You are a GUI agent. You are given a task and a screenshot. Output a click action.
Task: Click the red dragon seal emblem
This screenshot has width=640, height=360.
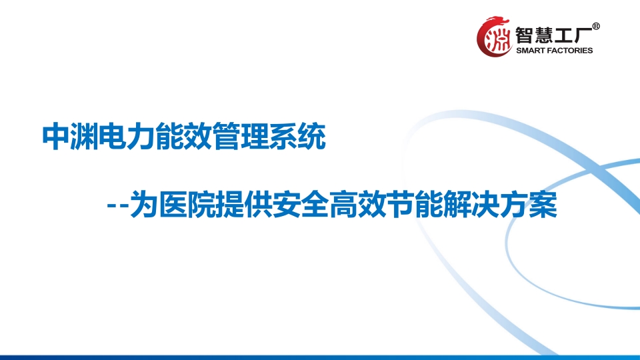coord(494,36)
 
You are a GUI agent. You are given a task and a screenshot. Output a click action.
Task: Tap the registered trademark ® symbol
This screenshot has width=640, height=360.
coord(595,27)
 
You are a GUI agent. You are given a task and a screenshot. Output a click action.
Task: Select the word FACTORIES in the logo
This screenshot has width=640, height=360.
coord(569,51)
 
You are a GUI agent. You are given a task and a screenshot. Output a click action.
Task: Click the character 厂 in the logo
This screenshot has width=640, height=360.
coord(583,35)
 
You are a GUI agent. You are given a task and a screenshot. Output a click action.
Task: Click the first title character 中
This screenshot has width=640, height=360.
coord(56,137)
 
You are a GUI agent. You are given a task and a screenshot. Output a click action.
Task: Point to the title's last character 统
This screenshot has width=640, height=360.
coord(312,137)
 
